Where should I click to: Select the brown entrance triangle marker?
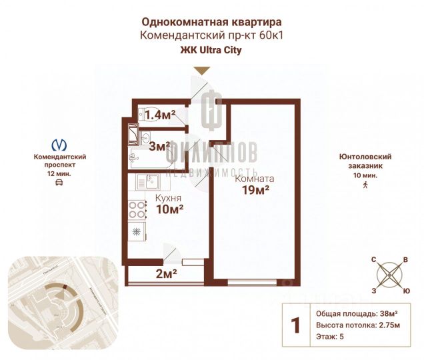coord(202,70)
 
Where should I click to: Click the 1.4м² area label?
coord(160,115)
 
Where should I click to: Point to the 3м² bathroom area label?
coord(159,146)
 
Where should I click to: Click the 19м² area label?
coord(255,191)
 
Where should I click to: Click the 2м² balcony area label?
coord(166,273)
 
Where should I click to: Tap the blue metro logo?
coord(60,144)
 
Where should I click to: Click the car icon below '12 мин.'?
coord(60,182)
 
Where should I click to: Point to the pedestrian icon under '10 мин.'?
coord(365,186)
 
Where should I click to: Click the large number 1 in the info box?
coord(295,325)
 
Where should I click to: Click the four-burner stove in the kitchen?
coord(137,210)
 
